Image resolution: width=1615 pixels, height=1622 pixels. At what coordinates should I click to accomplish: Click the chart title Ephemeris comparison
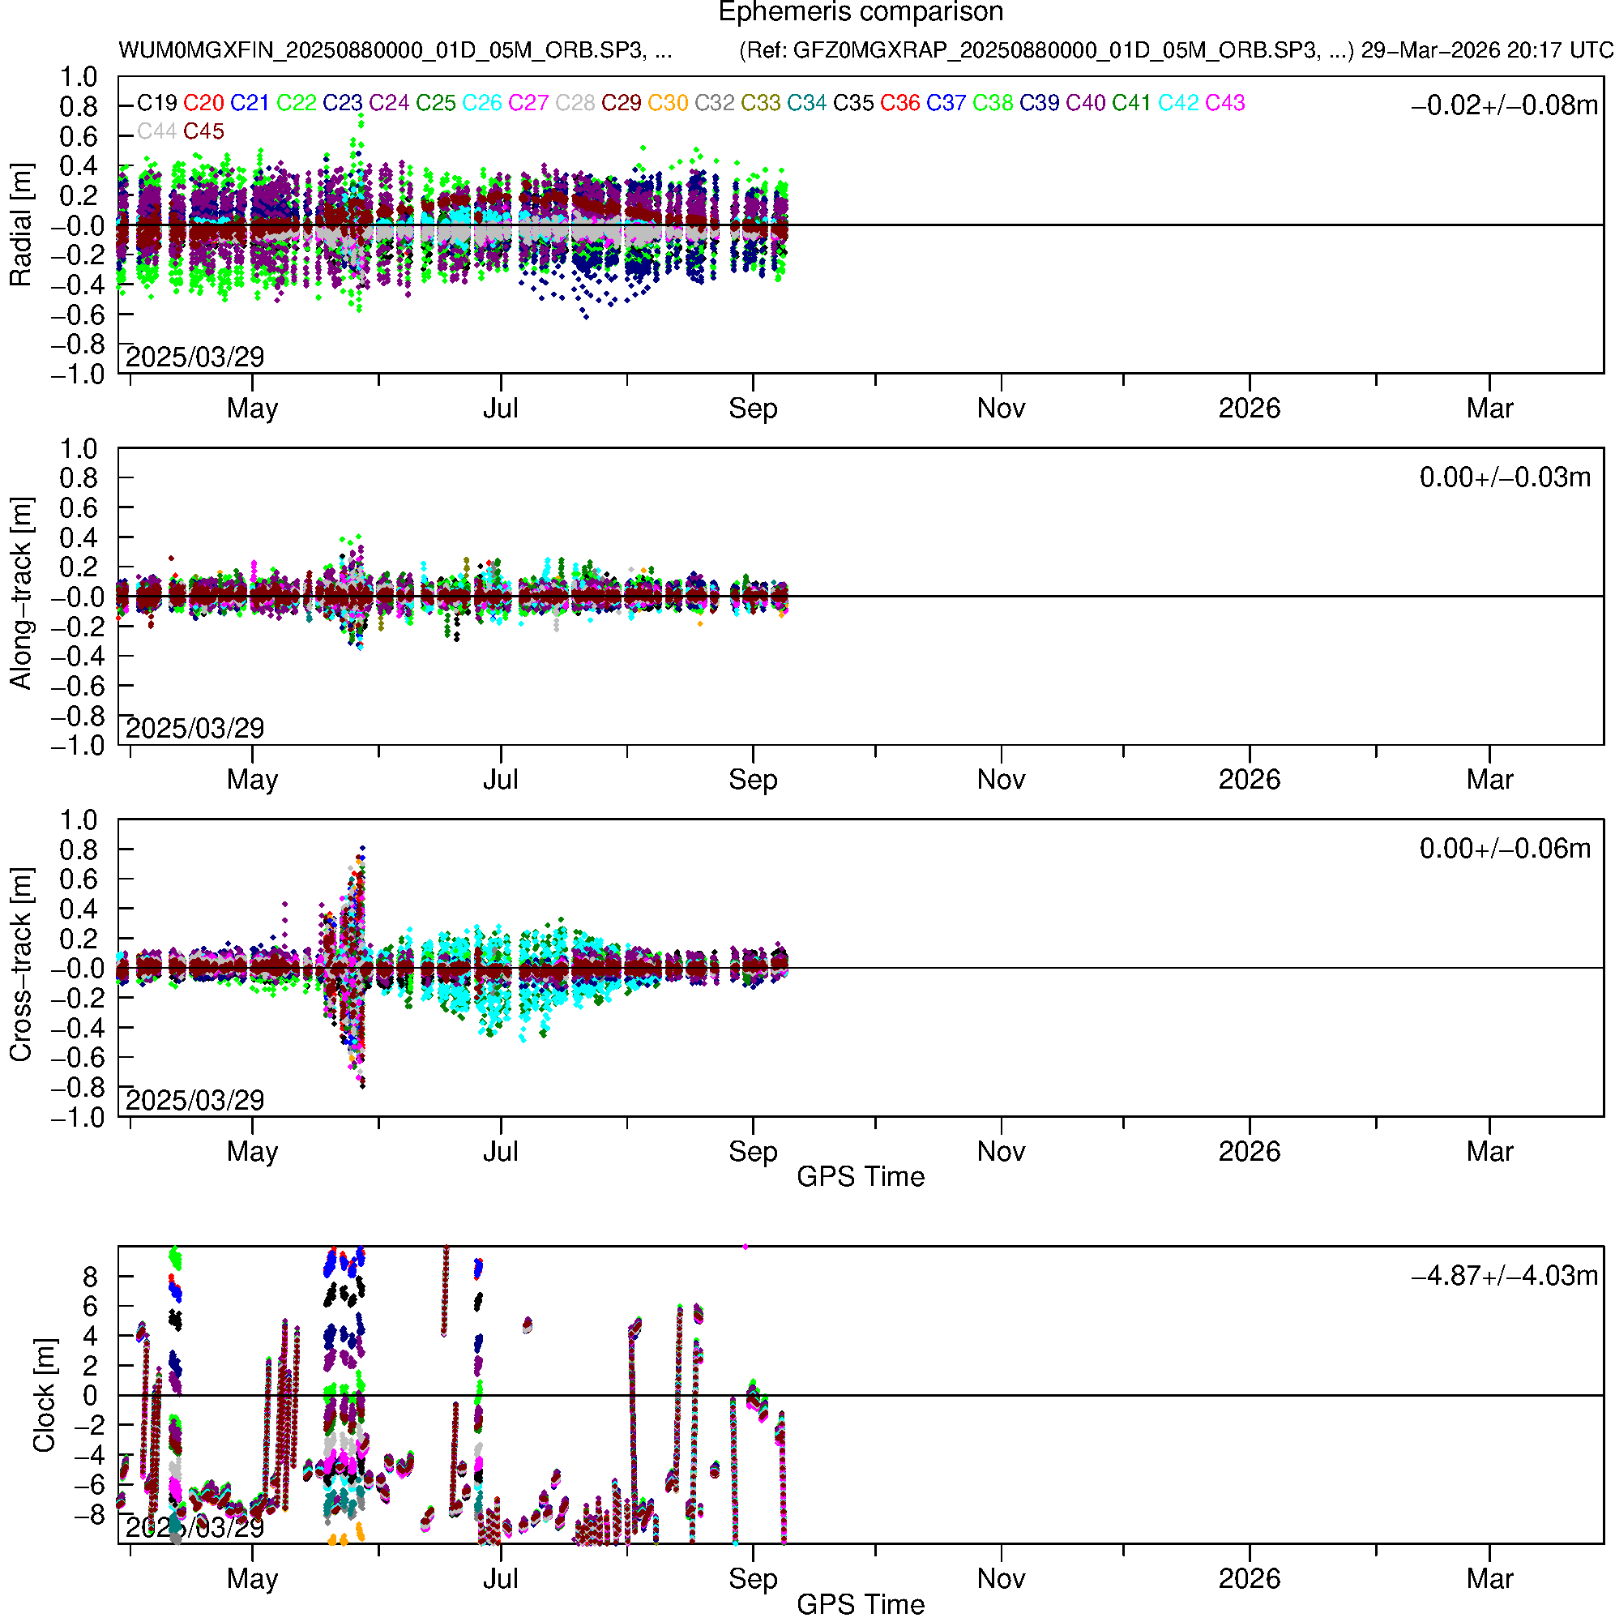pos(861,13)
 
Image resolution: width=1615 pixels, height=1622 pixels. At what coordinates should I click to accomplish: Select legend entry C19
pos(157,103)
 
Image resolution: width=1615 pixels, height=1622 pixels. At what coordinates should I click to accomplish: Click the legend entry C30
pos(668,103)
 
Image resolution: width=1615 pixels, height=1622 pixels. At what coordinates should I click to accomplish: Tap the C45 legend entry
pos(203,132)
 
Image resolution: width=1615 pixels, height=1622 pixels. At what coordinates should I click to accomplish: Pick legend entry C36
pos(899,103)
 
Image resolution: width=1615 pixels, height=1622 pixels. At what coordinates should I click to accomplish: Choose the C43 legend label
pos(1224,103)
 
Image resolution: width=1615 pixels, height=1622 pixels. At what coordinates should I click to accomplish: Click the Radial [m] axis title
pos(20,225)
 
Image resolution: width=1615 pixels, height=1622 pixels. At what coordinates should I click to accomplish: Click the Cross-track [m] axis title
pos(20,965)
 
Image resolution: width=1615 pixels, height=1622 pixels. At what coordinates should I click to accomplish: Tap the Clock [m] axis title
pos(44,1394)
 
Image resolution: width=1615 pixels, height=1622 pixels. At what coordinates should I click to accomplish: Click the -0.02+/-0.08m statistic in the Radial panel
pos(1504,105)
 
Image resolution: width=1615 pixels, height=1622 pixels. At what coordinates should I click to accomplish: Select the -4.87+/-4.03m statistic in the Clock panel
pos(1504,1275)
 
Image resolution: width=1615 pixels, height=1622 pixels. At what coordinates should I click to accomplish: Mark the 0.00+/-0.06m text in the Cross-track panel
pos(1504,849)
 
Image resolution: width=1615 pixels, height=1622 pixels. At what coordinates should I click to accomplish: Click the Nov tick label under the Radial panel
pos(1001,409)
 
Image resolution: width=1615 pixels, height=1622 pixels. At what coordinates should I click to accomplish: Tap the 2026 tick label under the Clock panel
pos(1249,1578)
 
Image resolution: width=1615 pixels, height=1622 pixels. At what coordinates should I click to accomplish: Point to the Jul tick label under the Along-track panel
pos(500,780)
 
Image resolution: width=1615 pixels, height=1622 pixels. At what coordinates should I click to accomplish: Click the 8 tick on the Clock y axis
pos(90,1277)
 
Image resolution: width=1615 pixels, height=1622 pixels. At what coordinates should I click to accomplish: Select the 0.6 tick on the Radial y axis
pos(78,137)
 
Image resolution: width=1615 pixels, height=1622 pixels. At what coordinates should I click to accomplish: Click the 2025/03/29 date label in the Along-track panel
pos(194,728)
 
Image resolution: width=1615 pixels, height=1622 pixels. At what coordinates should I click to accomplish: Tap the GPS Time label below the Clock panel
pos(861,1605)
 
